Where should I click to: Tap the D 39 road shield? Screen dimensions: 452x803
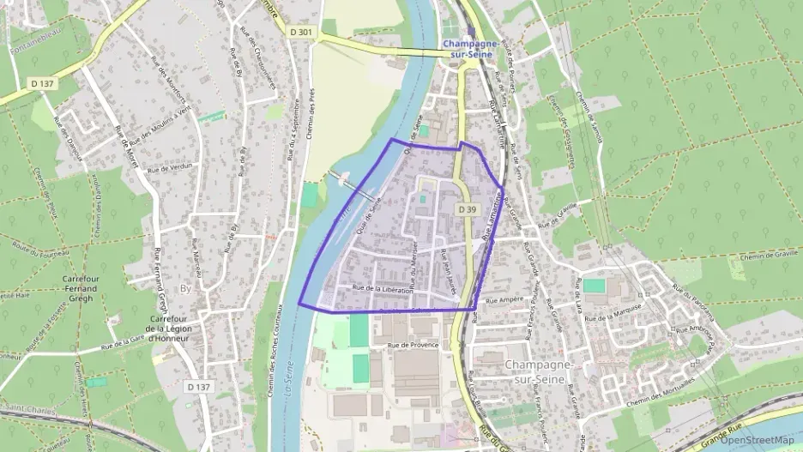click(x=467, y=209)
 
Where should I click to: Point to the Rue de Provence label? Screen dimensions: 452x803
click(x=413, y=345)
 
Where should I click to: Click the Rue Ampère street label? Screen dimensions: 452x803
click(x=504, y=301)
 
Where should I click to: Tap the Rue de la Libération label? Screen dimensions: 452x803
click(x=382, y=289)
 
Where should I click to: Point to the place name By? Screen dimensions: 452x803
click(x=186, y=289)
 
